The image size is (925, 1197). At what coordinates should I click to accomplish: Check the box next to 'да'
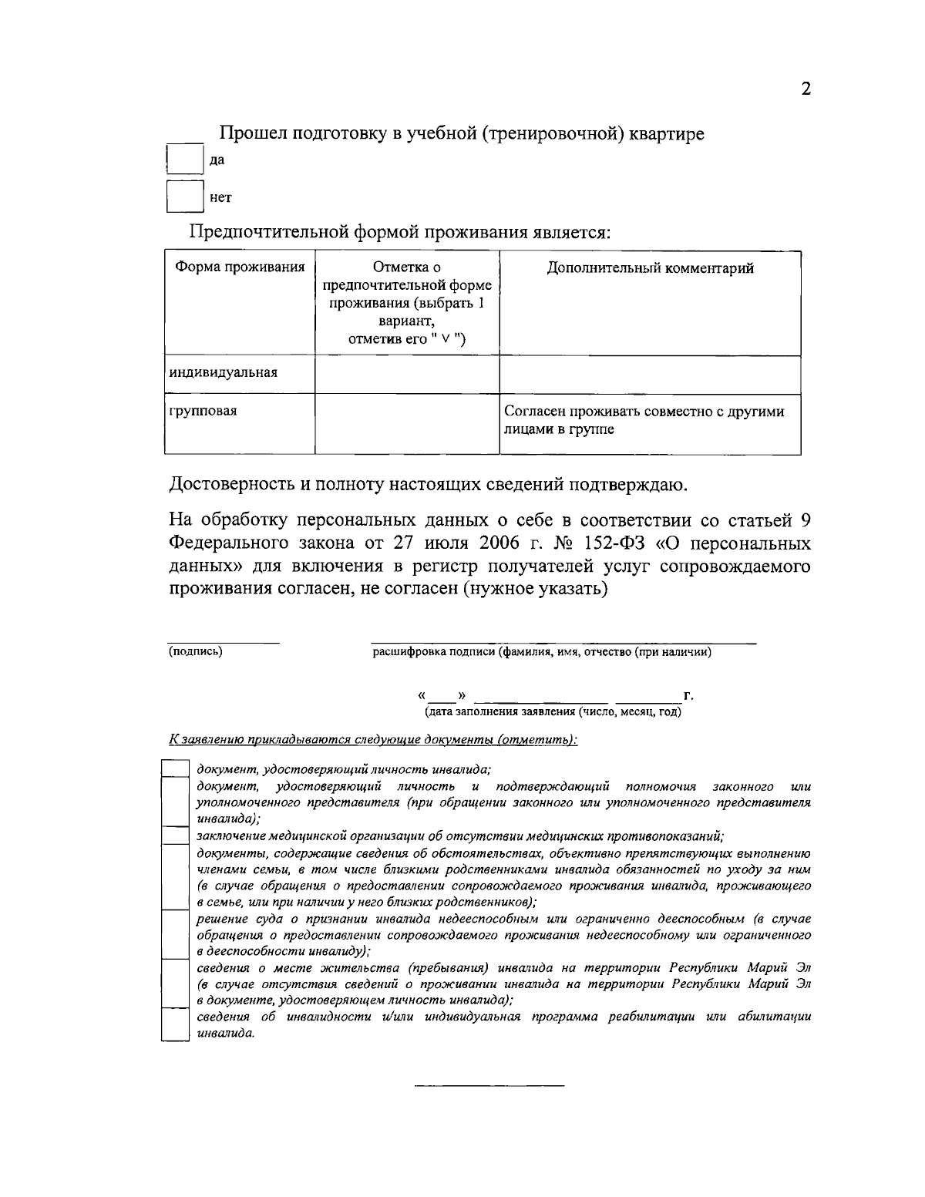pos(185,160)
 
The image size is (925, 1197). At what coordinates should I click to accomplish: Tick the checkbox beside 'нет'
pos(185,197)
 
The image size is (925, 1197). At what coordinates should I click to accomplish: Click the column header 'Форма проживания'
pos(240,267)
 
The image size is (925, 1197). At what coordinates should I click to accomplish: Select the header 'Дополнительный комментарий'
pos(650,267)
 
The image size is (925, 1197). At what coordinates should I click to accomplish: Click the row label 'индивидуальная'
pos(224,373)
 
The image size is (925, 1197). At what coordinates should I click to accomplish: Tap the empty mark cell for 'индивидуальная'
pos(407,374)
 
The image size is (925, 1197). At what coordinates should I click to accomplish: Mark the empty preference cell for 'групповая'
pos(407,423)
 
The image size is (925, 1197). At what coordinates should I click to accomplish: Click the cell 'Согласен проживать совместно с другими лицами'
pos(644,420)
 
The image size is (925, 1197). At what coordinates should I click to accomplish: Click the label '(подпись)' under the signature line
pos(196,652)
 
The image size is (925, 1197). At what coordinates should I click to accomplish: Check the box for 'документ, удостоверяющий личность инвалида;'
pos(175,768)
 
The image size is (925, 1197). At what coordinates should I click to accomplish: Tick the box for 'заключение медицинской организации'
pos(175,836)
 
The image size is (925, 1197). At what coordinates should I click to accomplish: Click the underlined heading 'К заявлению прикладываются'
pos(373,739)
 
